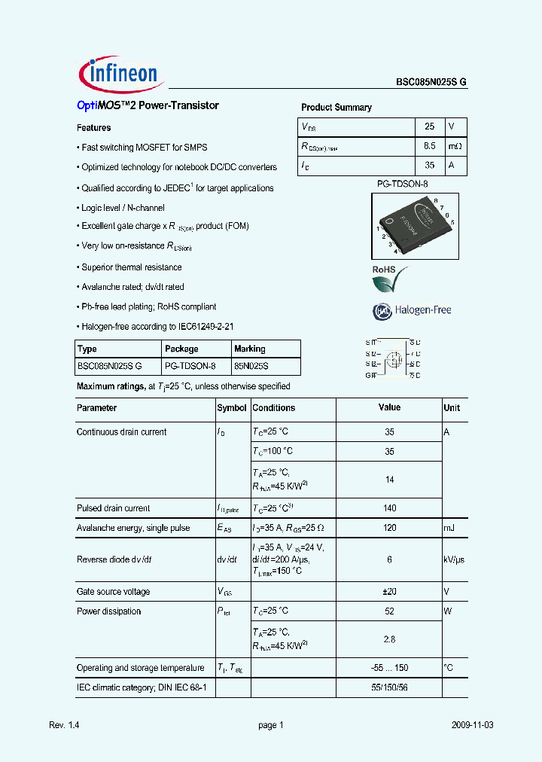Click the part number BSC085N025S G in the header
(x=431, y=84)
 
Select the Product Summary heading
(x=336, y=108)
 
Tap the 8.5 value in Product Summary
(x=430, y=146)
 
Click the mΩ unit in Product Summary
(x=454, y=146)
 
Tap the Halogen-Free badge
(x=412, y=309)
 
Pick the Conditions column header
(x=274, y=408)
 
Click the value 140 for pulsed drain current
(x=389, y=508)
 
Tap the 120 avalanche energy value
(x=389, y=528)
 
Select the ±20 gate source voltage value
(x=389, y=592)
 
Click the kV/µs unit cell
(x=454, y=559)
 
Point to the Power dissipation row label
(x=109, y=611)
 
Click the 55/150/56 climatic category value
(x=389, y=687)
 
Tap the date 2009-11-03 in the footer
(x=473, y=725)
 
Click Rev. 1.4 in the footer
(x=64, y=725)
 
